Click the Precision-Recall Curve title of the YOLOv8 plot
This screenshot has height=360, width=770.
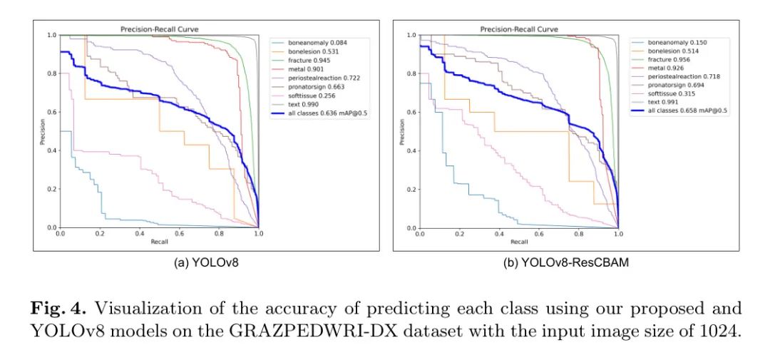tap(159, 29)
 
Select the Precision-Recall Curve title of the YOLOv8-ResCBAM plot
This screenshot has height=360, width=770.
tap(519, 29)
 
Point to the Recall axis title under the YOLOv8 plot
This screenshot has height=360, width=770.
tap(159, 242)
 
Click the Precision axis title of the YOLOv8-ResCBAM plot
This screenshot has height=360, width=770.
tap(402, 131)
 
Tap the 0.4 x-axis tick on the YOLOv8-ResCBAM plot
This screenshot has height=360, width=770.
tap(498, 234)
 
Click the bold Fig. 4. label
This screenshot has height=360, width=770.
tap(61, 309)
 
